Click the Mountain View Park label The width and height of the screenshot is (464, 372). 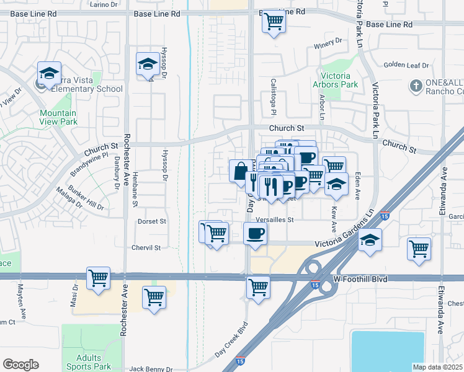tap(58, 117)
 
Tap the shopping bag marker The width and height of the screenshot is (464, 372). tap(240, 170)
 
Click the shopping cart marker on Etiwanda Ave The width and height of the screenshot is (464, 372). tap(419, 248)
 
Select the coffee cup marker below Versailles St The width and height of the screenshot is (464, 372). tap(256, 234)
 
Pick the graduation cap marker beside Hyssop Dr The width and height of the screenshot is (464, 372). tap(148, 63)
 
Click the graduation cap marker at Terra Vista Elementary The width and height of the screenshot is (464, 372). tap(49, 73)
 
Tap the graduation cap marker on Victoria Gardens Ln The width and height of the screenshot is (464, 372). tap(370, 239)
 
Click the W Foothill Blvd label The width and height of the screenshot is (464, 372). tap(364, 280)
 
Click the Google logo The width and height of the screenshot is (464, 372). tap(20, 365)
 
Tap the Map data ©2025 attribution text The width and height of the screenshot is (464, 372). tap(437, 367)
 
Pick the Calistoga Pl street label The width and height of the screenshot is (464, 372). tap(273, 97)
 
